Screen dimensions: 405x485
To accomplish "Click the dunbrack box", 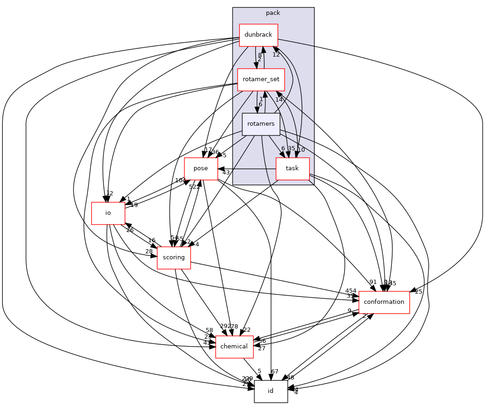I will (x=258, y=35).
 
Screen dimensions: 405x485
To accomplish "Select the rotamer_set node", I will (x=261, y=79).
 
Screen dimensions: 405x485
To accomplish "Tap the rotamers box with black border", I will (x=261, y=124).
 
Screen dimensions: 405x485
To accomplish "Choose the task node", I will (x=292, y=168).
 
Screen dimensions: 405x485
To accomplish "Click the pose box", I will (x=200, y=168).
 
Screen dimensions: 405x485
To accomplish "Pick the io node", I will (x=108, y=213).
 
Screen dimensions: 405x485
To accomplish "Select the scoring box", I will (x=174, y=257).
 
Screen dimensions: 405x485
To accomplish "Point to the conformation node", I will (x=384, y=302).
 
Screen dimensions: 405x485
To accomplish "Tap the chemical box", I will (x=234, y=347).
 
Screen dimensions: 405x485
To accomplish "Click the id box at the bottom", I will (x=271, y=391).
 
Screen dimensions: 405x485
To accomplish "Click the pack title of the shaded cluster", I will (x=273, y=13).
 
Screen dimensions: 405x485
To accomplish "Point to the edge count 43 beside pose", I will (x=226, y=173).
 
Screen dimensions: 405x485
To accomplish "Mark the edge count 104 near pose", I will (x=180, y=180).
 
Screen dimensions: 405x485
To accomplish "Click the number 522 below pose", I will (x=194, y=186).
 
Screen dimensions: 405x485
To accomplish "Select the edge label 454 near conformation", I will (x=351, y=291).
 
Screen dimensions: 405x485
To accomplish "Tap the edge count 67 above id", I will (x=275, y=372).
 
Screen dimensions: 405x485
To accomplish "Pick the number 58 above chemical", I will (x=210, y=330).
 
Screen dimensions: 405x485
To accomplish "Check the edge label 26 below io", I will (x=130, y=230).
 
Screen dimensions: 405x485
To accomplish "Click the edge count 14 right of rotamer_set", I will (x=278, y=100).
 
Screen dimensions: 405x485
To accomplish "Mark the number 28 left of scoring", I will (x=149, y=251).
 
